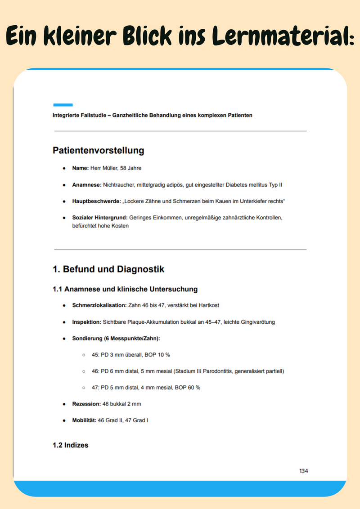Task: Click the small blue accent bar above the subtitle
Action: pos(63,105)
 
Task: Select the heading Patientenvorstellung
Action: pos(98,151)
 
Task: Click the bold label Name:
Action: pos(80,168)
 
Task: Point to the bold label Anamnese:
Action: pos(87,185)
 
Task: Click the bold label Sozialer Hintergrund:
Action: pos(99,218)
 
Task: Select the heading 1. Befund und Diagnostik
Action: pos(108,269)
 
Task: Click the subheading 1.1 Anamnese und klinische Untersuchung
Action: pos(125,289)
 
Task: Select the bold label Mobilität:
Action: pos(84,420)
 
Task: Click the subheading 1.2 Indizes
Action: pos(71,445)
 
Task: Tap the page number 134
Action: pos(304,471)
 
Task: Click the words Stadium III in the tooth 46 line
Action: pos(191,371)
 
